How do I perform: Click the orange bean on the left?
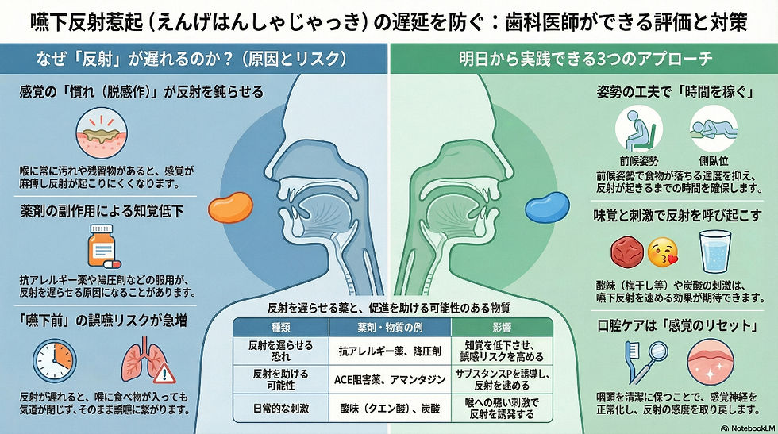[x=230, y=208]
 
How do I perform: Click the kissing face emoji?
[x=665, y=252]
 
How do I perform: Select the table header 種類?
[x=281, y=327]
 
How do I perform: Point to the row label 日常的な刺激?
[x=281, y=409]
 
